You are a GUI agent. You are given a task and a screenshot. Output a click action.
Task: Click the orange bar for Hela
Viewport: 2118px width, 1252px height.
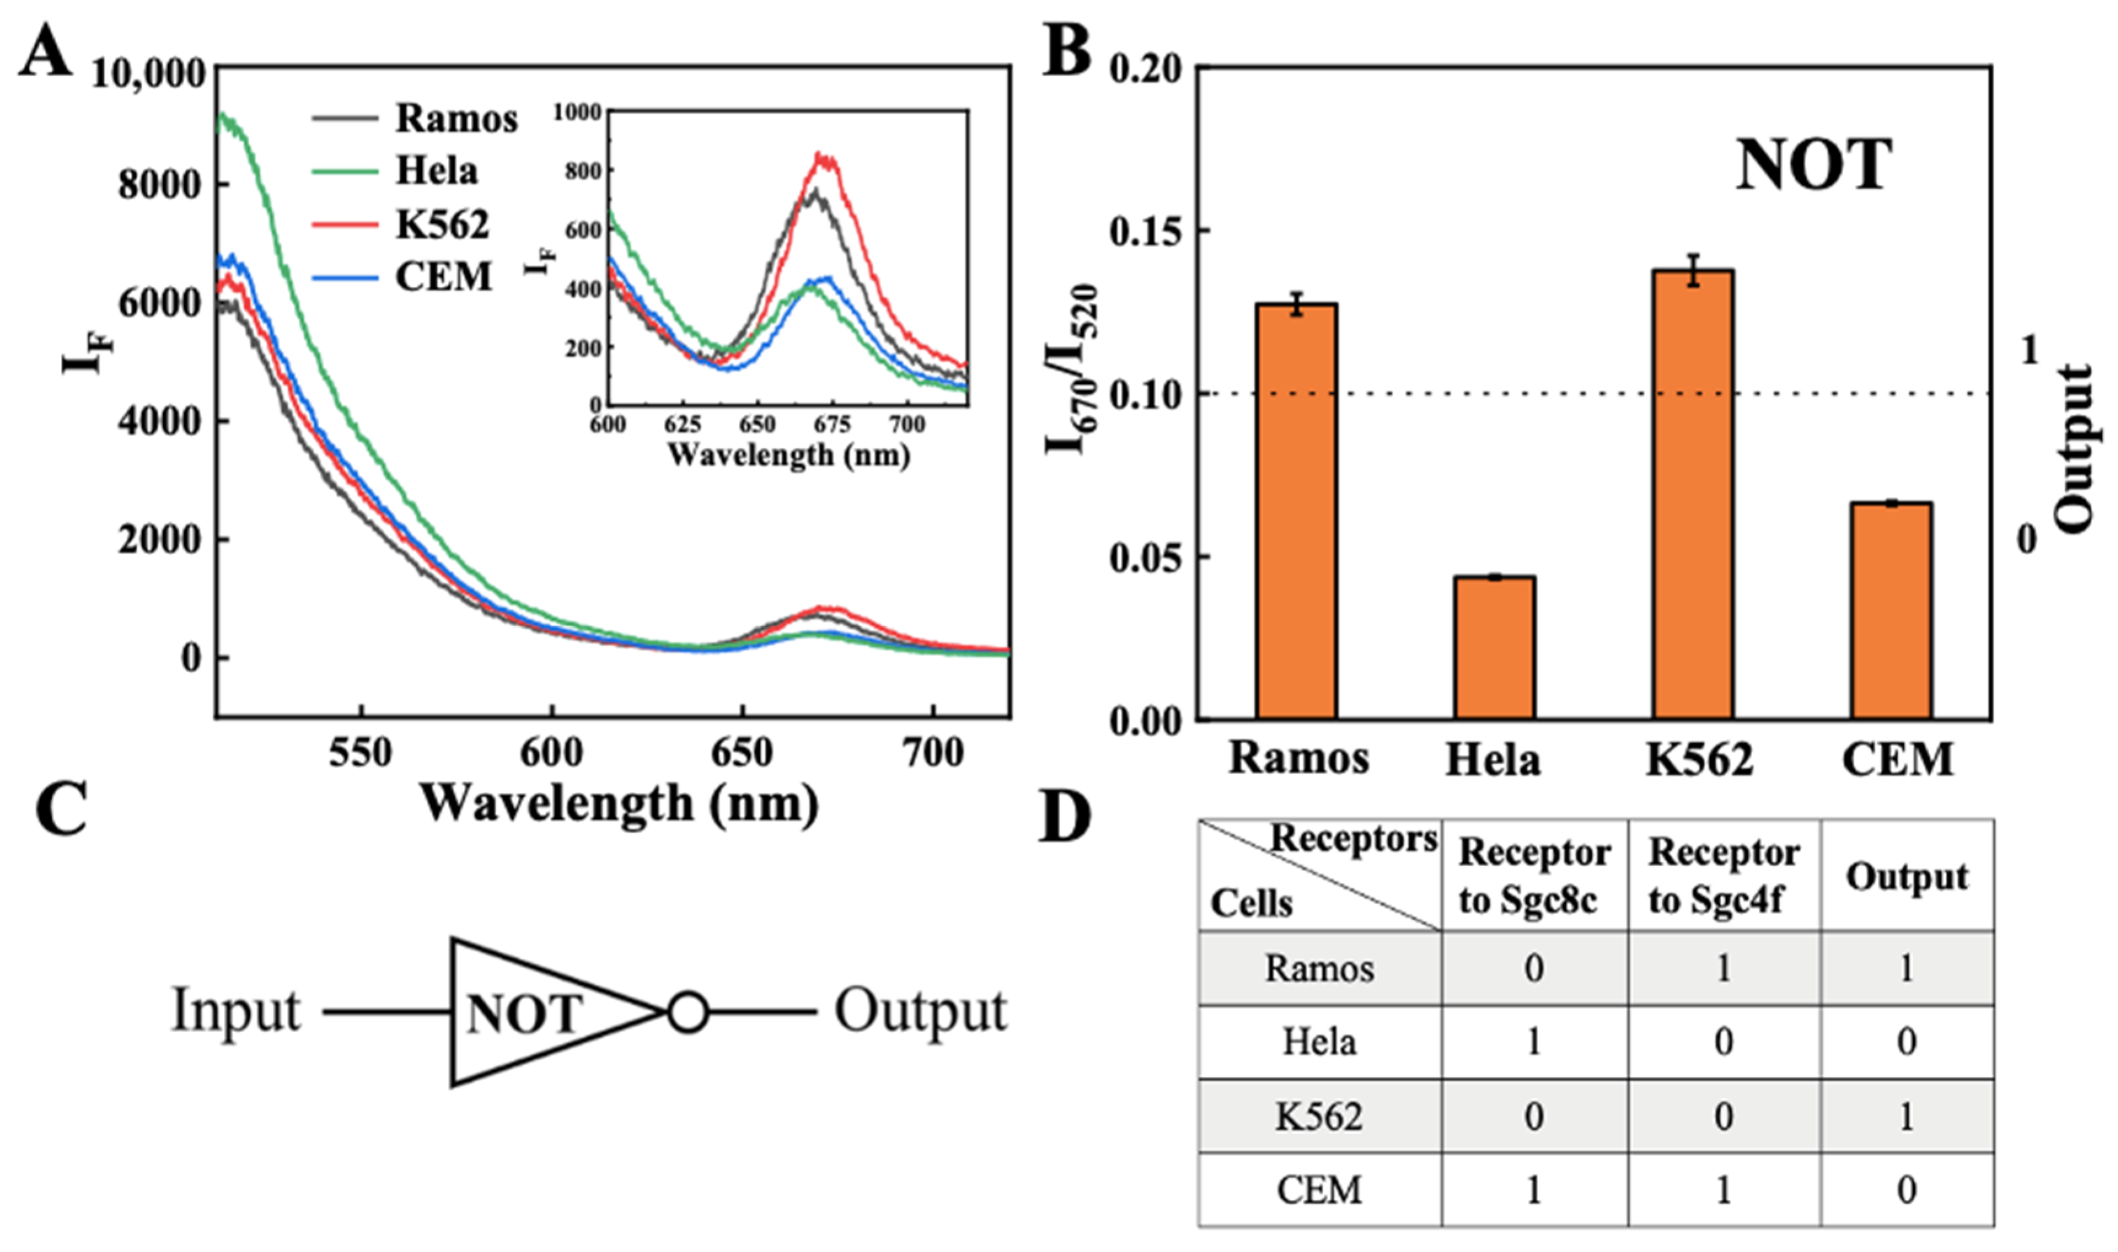(x=1494, y=647)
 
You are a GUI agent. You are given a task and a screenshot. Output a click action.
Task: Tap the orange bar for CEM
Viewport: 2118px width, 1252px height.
(x=1891, y=610)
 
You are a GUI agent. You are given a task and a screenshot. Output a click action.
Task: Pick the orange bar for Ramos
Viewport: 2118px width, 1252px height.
(x=1297, y=511)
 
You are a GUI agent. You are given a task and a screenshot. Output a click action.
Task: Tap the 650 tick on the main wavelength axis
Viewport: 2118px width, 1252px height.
(x=741, y=753)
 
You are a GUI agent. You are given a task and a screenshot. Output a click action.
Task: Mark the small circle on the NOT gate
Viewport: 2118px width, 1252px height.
(x=687, y=1012)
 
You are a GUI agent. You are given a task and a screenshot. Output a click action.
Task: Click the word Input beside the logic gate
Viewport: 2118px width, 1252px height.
(x=236, y=1011)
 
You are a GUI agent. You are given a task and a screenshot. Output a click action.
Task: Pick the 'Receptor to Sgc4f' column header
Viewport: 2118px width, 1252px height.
(x=1723, y=876)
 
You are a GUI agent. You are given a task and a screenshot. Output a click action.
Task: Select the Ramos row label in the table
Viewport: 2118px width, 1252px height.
(x=1319, y=969)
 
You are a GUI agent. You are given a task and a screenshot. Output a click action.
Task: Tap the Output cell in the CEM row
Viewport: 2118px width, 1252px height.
(x=1906, y=1189)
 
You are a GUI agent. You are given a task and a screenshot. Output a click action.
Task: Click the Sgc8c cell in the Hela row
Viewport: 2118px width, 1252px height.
(x=1533, y=1043)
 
